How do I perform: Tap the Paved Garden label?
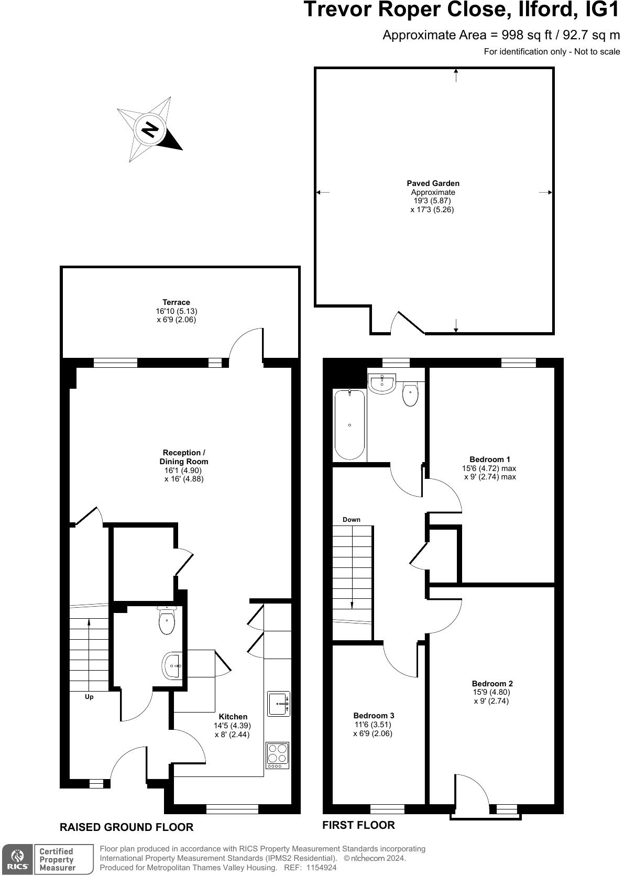coord(433,183)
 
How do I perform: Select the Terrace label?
coord(176,302)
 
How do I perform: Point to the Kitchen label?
coord(233,717)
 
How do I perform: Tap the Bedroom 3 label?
coord(374,716)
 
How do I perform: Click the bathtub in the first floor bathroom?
coord(349,424)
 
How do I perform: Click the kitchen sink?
coord(279,704)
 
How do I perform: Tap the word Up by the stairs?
coord(89,697)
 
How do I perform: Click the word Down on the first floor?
coord(352,520)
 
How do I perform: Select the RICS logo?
coord(18,859)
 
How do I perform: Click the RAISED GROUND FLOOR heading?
coord(126,827)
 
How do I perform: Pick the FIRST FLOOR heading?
coord(358,825)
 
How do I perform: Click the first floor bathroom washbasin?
coord(382,383)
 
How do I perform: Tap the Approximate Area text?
coord(501,35)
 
